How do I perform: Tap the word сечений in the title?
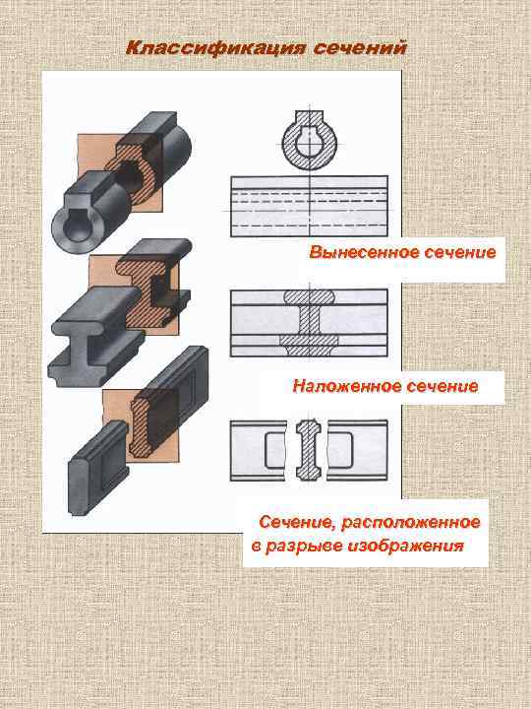coord(359,48)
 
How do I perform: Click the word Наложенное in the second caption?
coord(340,386)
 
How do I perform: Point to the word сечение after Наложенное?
coord(438,386)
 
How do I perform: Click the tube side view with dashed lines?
coord(308,207)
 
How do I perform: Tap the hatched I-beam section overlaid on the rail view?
coord(310,319)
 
